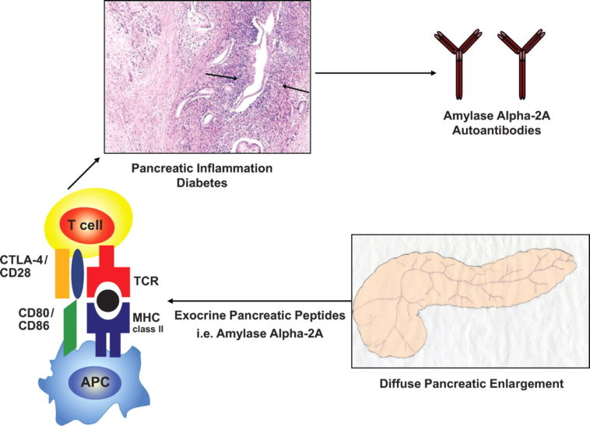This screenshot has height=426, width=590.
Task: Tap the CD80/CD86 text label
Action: pyautogui.click(x=26, y=319)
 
